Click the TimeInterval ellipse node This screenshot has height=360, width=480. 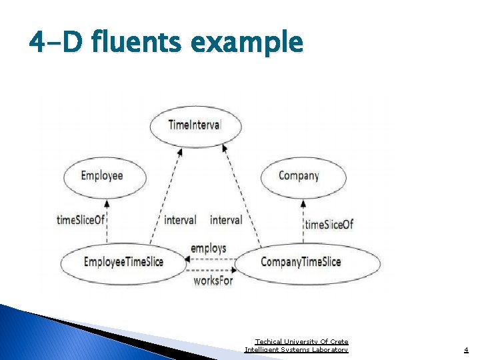195,125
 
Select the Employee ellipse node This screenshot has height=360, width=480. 102,176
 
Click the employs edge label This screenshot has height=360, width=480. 208,248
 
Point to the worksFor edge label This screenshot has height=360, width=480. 213,281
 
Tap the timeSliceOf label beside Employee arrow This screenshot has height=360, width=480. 81,220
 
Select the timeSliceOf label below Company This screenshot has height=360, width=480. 329,225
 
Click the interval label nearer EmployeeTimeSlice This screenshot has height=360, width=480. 180,220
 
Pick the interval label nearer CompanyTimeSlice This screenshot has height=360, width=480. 226,220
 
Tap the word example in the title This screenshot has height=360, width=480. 247,43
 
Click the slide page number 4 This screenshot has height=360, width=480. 466,349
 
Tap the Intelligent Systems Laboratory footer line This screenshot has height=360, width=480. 297,349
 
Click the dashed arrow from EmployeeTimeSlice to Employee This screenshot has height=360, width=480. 107,223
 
